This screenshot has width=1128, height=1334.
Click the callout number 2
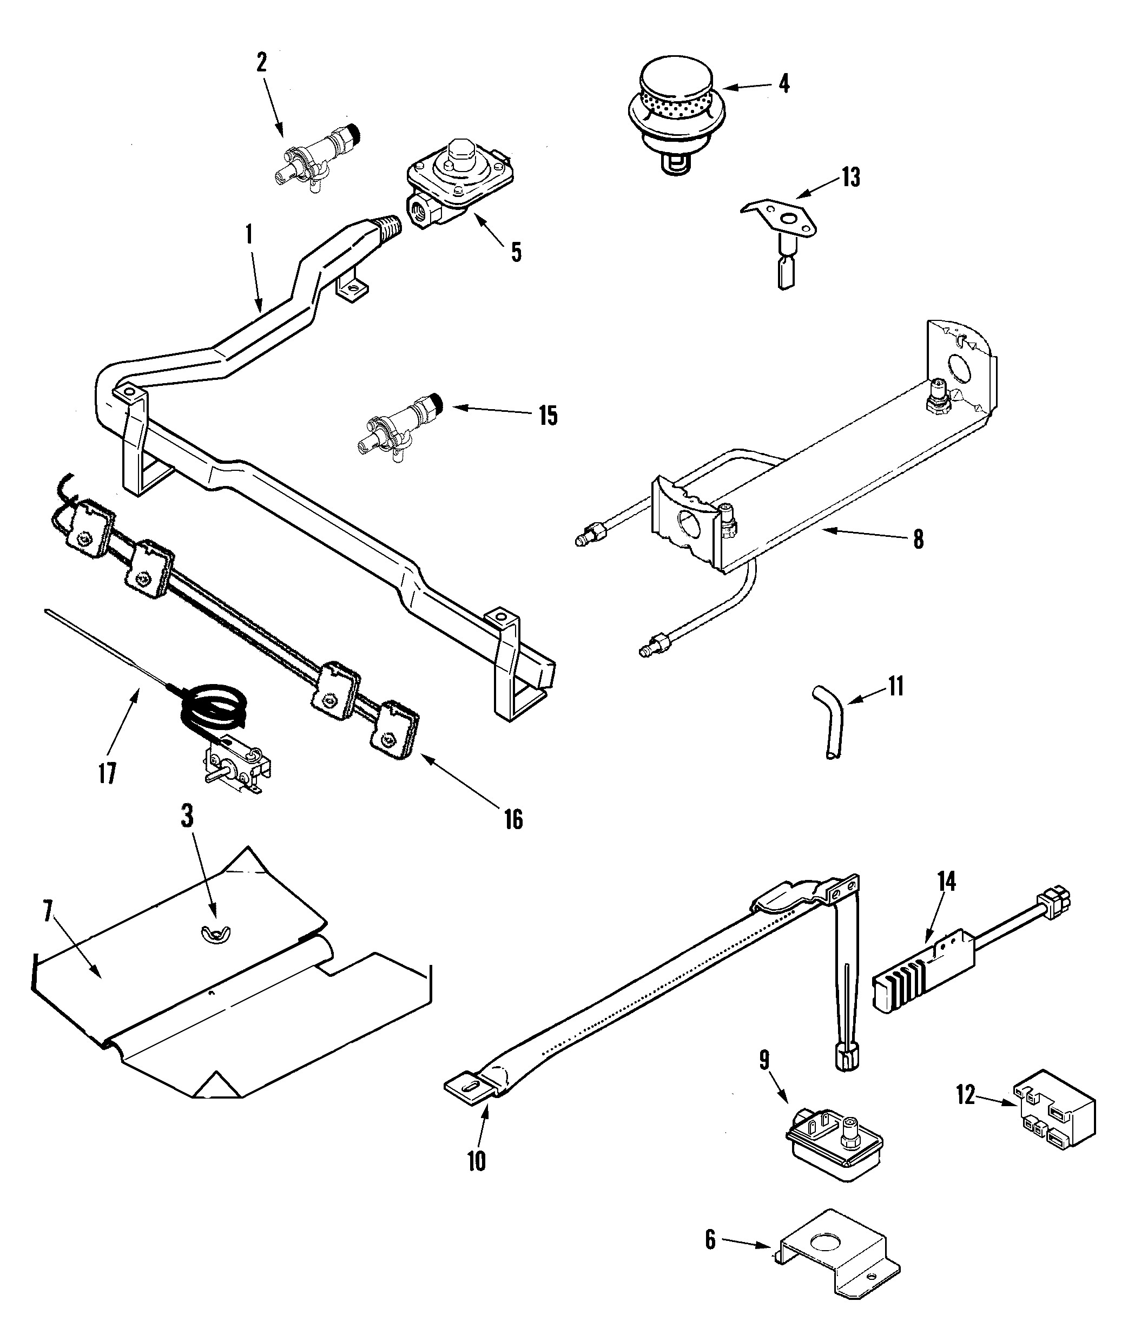click(x=261, y=63)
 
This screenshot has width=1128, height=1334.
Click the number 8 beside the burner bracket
click(x=918, y=540)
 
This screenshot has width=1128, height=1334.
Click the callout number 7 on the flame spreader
click(x=47, y=912)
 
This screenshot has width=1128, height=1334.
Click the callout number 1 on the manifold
click(x=249, y=235)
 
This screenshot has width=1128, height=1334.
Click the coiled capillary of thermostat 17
click(x=211, y=704)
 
